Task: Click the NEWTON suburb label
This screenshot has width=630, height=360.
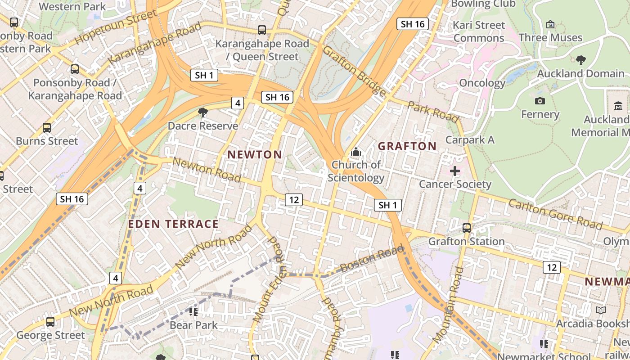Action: click(x=255, y=155)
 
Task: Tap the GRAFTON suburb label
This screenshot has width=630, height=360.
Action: click(x=407, y=146)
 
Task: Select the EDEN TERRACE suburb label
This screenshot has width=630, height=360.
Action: click(x=173, y=224)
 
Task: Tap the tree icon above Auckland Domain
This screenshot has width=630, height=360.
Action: click(x=580, y=60)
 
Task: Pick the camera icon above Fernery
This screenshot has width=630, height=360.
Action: click(x=540, y=101)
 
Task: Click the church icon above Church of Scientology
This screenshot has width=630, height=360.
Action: click(x=356, y=152)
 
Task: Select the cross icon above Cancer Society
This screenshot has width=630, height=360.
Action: click(x=455, y=171)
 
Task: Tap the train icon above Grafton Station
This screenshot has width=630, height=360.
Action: click(x=467, y=228)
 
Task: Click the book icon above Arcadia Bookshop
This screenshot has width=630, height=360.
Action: click(x=600, y=310)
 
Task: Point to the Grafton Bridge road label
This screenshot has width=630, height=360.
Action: click(x=354, y=71)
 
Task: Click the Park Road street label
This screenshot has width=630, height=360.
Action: click(x=433, y=112)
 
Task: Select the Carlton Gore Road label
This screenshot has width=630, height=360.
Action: click(x=555, y=214)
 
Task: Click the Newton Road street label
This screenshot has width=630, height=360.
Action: click(x=207, y=170)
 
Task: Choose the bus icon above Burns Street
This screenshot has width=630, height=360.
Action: click(x=47, y=128)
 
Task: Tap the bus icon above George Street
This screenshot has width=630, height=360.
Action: click(x=50, y=322)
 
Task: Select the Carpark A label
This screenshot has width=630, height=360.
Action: click(x=470, y=140)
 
